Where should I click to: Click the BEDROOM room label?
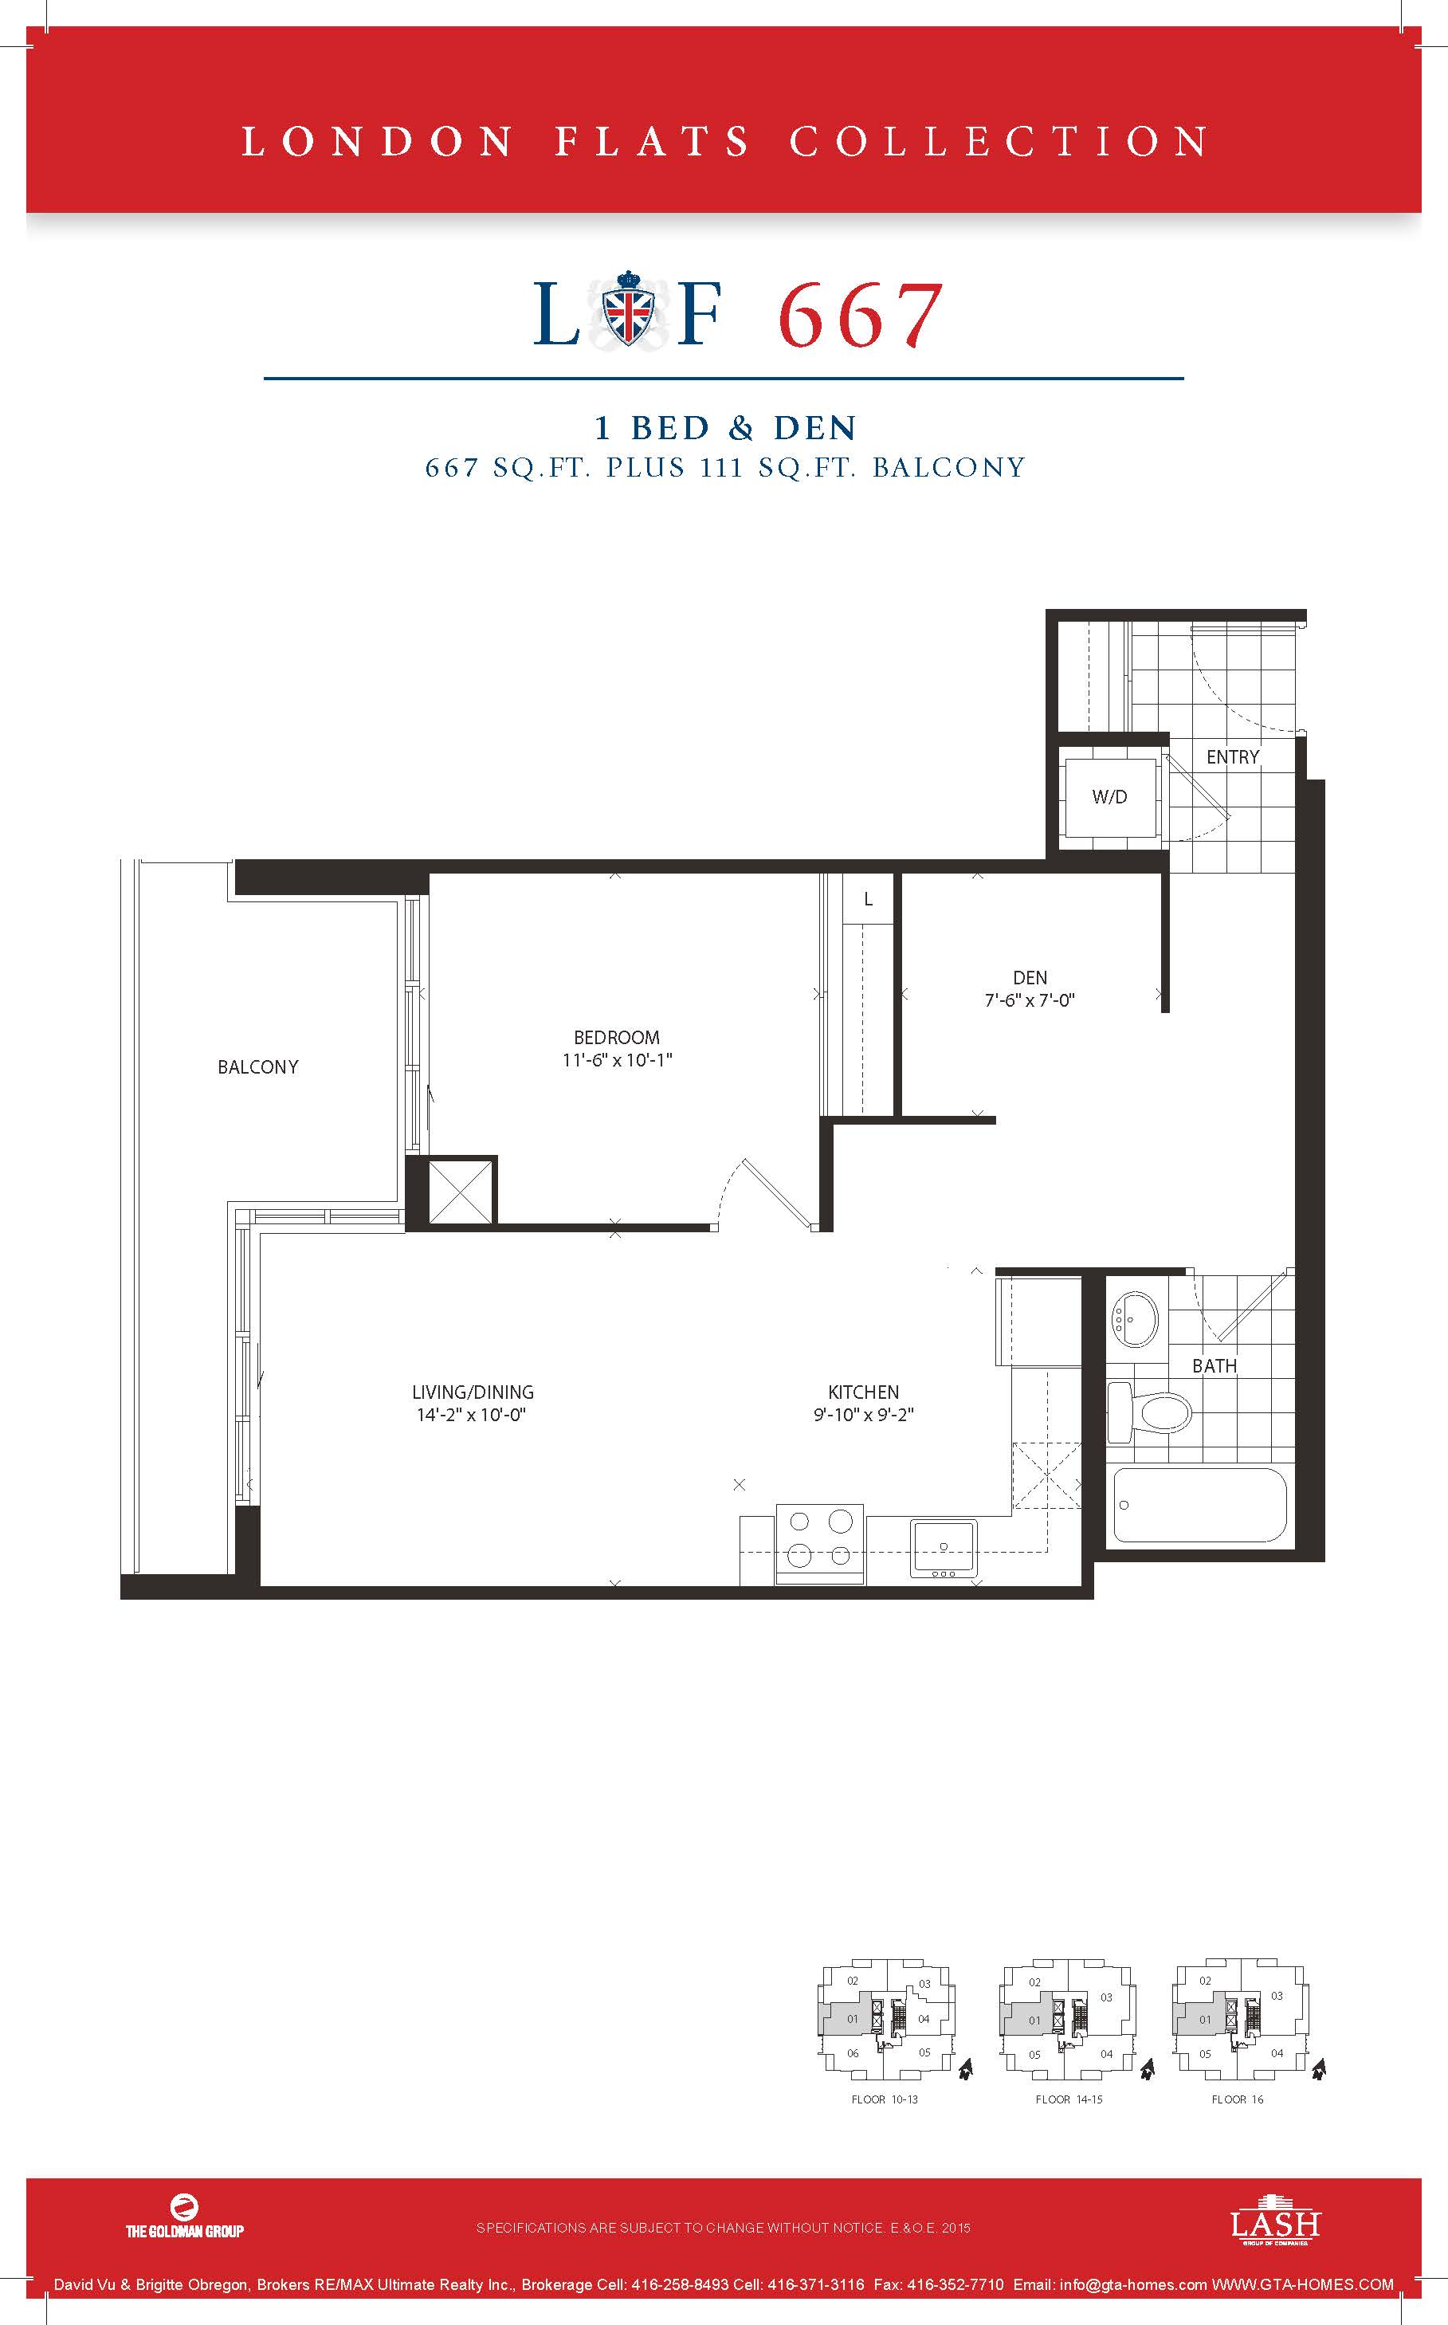click(x=617, y=1037)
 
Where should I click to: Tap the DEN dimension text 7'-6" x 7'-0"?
click(x=1030, y=1000)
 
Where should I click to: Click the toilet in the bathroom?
click(x=1148, y=1409)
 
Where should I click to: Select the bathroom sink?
click(x=1134, y=1320)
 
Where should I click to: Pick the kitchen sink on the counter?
click(x=944, y=1547)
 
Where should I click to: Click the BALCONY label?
click(x=257, y=1066)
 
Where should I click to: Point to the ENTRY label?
click(x=1233, y=756)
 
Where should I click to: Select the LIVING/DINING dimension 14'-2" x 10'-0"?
click(x=472, y=1416)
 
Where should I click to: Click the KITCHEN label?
click(x=864, y=1392)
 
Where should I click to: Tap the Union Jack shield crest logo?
click(x=627, y=310)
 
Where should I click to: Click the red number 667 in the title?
click(x=859, y=315)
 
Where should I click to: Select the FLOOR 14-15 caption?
click(x=1069, y=2099)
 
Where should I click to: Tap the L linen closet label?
click(x=868, y=899)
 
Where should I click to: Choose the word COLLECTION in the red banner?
click(x=999, y=142)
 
